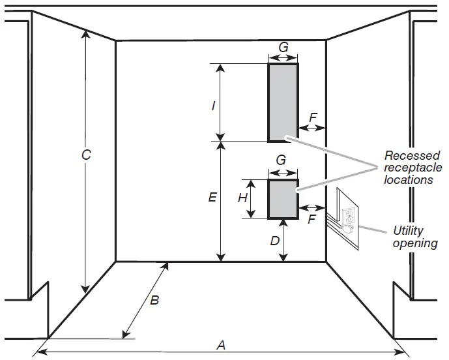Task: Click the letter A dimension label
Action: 221,346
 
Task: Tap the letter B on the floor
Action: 154,301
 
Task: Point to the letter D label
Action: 275,241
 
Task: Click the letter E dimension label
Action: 212,196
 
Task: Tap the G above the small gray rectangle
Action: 281,160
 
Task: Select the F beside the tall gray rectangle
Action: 313,117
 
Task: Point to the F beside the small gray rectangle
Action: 311,219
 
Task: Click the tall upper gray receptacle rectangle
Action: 283,102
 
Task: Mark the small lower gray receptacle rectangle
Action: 283,199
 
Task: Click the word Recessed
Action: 412,156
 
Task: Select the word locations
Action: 409,179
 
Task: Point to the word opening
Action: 415,243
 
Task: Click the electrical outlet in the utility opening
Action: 348,217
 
